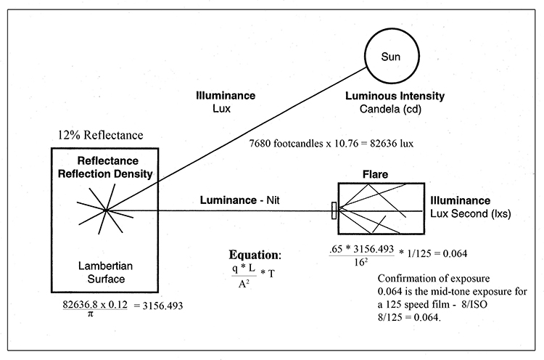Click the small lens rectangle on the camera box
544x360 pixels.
pyautogui.click(x=334, y=210)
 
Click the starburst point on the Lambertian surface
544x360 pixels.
pyautogui.click(x=106, y=210)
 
